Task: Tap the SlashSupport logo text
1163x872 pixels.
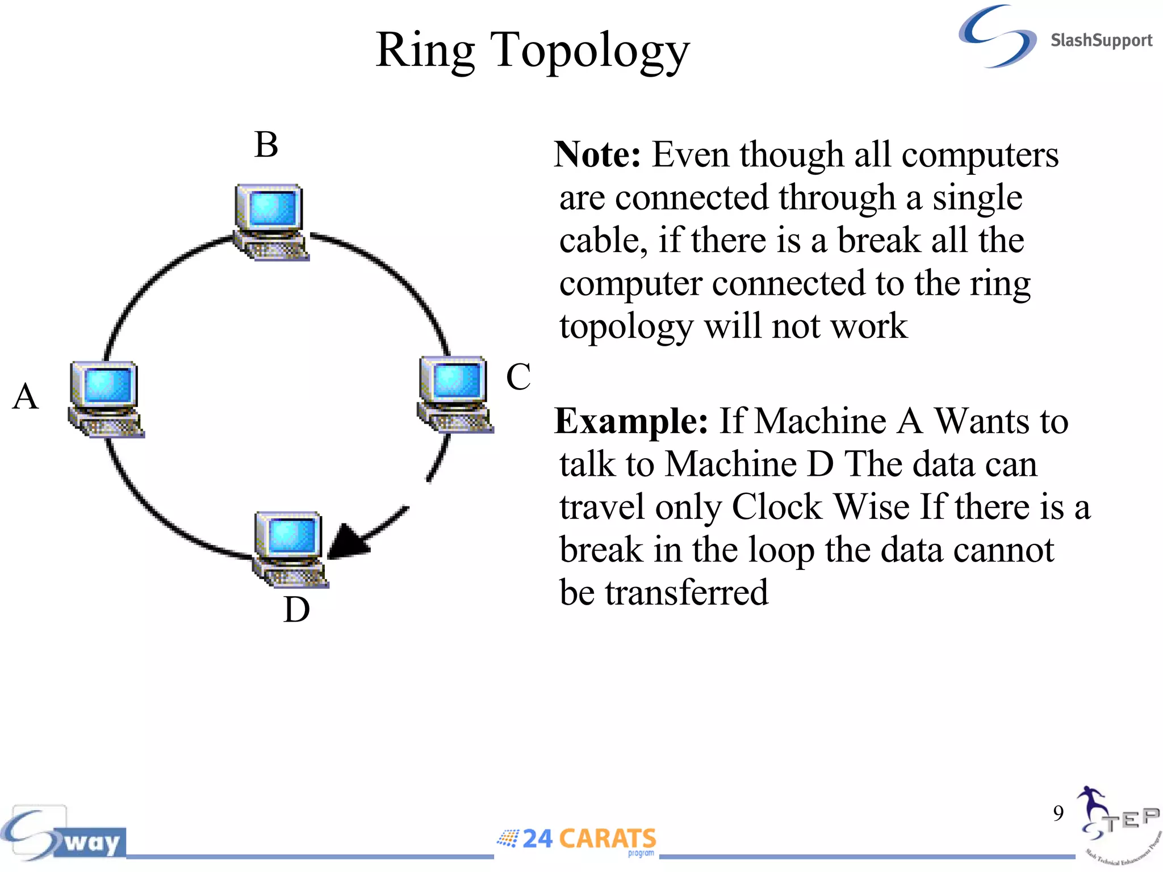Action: (1101, 40)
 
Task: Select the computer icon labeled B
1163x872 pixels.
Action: (270, 221)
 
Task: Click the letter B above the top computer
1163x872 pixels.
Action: (266, 145)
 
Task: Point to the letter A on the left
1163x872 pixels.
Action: (25, 396)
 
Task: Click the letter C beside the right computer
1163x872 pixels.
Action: (518, 377)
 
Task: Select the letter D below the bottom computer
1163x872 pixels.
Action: (296, 610)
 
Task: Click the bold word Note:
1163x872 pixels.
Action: (597, 154)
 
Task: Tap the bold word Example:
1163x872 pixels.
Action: (631, 421)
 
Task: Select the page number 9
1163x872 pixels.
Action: (1058, 813)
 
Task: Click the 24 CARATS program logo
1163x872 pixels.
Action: (577, 840)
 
